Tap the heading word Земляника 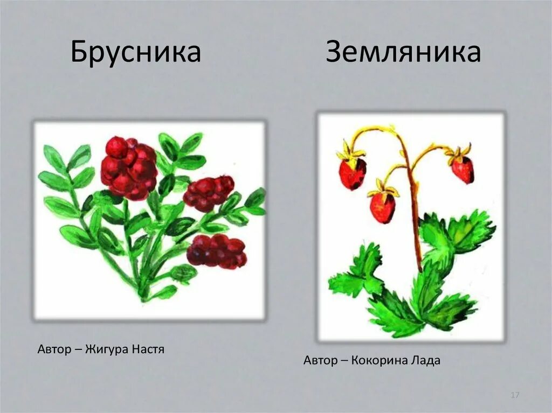pyautogui.click(x=403, y=52)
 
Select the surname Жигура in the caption pyautogui.click(x=107, y=349)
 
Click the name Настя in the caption pyautogui.click(x=148, y=349)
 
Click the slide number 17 pyautogui.click(x=515, y=395)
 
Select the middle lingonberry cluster pyautogui.click(x=209, y=193)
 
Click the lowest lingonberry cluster pyautogui.click(x=217, y=251)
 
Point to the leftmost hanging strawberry pyautogui.click(x=353, y=173)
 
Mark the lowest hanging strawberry pyautogui.click(x=383, y=207)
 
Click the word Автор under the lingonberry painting pyautogui.click(x=54, y=349)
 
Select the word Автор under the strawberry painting pyautogui.click(x=320, y=361)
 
